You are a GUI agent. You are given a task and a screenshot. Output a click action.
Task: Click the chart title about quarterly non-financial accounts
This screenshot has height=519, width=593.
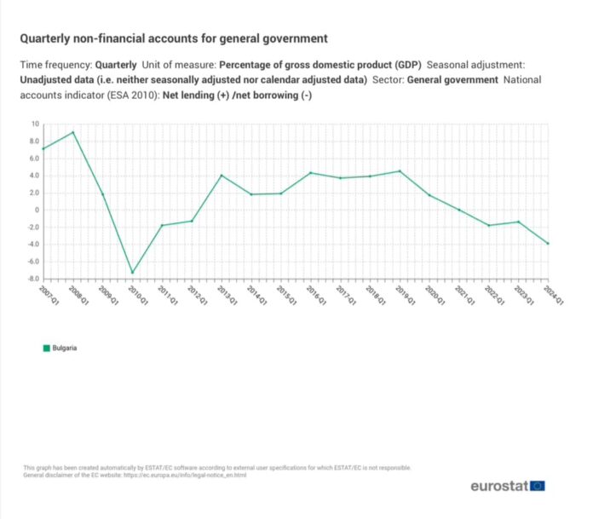tap(173, 39)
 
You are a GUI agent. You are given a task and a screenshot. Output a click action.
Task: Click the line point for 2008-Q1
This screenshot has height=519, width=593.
tap(73, 132)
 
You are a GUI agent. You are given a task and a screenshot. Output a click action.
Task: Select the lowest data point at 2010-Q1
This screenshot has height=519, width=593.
tap(132, 273)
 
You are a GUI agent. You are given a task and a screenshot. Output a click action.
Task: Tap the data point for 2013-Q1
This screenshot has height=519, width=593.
tap(222, 176)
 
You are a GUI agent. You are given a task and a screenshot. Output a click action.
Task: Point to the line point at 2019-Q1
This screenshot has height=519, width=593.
tap(400, 171)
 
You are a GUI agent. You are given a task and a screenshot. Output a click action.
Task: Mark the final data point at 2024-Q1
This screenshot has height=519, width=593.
tap(548, 244)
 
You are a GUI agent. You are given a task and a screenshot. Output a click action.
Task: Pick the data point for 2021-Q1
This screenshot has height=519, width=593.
tap(458, 210)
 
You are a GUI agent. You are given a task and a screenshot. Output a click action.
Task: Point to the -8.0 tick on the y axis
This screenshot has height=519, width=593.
tap(32, 279)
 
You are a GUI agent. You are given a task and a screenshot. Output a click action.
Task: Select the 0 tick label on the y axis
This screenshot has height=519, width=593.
tap(37, 210)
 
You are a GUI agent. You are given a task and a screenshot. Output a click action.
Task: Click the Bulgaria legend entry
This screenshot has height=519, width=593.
tap(65, 348)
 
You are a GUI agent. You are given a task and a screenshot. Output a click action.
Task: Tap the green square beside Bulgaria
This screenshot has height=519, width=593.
tap(46, 348)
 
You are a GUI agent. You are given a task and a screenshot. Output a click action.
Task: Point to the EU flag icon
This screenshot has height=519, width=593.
tap(538, 486)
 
